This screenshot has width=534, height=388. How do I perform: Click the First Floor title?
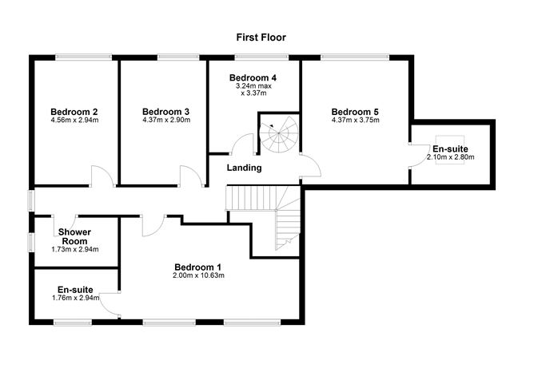(261, 37)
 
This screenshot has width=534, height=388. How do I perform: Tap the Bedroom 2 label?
(74, 111)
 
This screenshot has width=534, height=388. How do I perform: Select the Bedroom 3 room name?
(165, 111)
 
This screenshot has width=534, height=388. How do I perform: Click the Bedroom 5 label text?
(355, 111)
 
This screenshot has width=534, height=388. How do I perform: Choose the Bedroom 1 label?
(198, 267)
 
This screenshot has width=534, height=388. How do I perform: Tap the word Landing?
(244, 168)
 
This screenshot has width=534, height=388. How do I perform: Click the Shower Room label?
(74, 236)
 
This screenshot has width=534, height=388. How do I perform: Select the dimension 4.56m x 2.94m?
(74, 121)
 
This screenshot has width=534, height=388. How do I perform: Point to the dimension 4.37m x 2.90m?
(165, 121)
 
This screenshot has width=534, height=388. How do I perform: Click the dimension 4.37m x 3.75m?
(355, 121)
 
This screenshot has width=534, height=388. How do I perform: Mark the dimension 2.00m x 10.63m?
(198, 276)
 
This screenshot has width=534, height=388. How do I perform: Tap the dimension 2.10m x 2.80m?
(451, 158)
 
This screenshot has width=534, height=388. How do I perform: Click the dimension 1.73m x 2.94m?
(74, 250)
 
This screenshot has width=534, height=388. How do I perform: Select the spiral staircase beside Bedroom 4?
(278, 137)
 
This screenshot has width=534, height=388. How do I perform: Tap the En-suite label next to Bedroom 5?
(451, 148)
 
